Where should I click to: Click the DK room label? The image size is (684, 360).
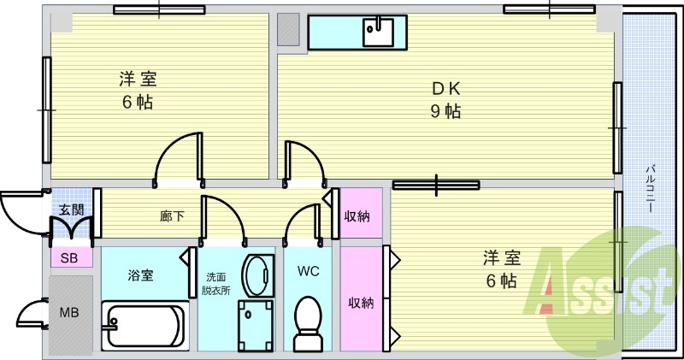[x=445, y=89]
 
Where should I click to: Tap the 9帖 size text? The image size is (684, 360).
[x=445, y=111]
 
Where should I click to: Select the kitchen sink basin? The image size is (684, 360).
[x=378, y=31]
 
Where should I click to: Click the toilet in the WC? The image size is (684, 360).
[x=308, y=323]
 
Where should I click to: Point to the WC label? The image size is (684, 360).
[x=308, y=271]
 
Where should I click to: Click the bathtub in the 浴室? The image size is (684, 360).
[x=145, y=326]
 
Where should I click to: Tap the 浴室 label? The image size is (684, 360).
[x=140, y=275]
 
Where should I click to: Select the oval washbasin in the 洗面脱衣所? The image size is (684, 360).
[x=258, y=276]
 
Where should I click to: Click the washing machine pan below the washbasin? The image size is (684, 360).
[x=256, y=326]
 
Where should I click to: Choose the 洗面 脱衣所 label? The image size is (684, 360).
[x=216, y=284]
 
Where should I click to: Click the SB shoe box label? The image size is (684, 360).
[x=69, y=258]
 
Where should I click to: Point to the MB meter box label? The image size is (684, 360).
[x=69, y=312]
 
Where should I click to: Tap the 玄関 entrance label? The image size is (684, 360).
[x=72, y=210]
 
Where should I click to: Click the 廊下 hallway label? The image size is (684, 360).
[x=172, y=215]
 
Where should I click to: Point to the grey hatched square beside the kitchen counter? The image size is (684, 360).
[x=289, y=29]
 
